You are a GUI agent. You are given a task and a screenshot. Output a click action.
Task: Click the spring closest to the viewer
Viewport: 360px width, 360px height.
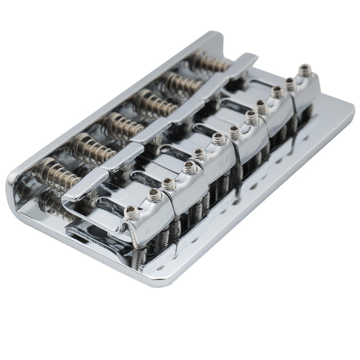57,172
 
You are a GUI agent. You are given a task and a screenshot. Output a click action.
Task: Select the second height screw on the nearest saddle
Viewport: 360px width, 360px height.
153,194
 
